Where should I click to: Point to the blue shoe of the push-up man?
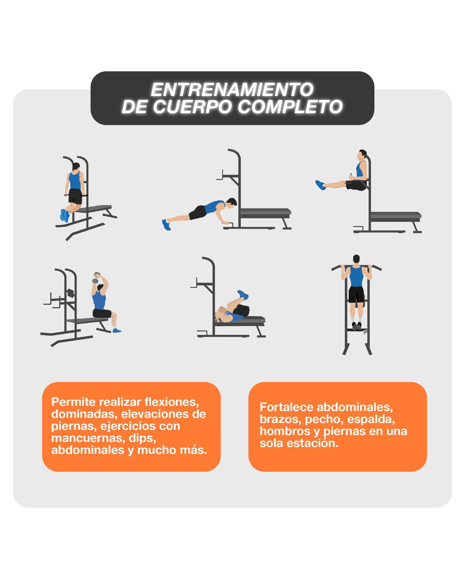166,225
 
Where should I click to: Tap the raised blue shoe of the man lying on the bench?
243,294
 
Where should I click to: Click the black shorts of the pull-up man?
356,294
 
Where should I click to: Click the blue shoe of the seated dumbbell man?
117,330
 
